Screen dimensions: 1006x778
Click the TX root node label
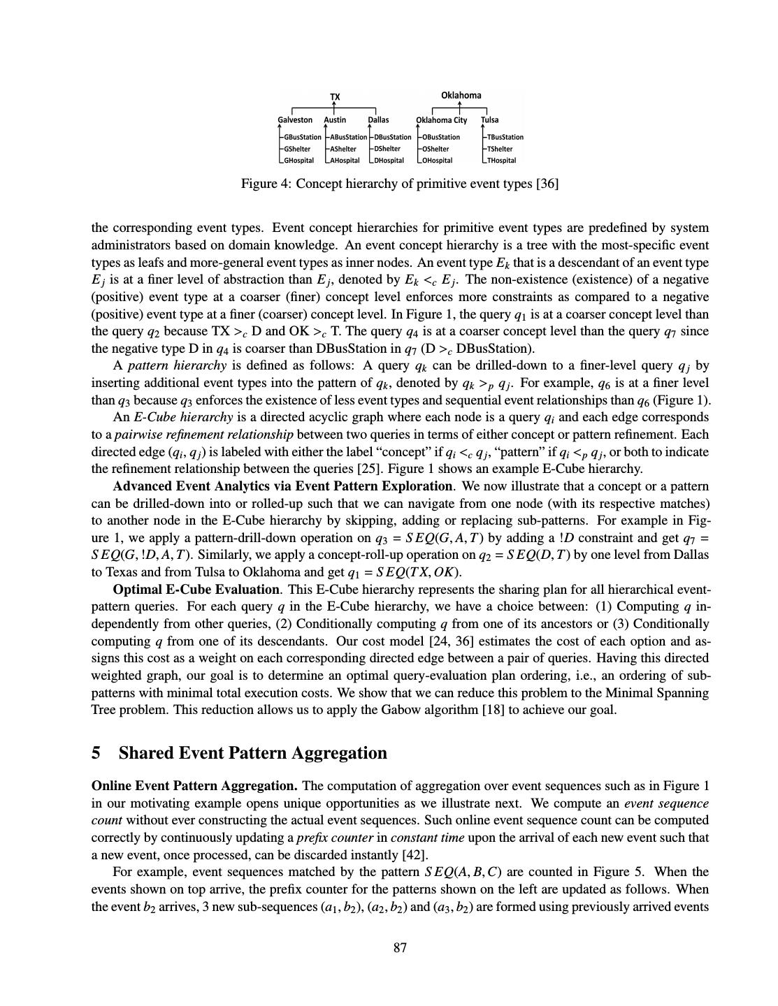point(335,97)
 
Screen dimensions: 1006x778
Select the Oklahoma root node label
point(461,95)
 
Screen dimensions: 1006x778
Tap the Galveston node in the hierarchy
point(295,120)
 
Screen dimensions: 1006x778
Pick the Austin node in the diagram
point(335,120)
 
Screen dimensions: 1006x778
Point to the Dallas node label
point(378,120)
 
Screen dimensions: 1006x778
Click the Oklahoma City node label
point(442,120)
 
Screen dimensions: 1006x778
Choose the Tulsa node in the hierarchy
point(490,120)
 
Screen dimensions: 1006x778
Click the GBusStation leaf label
point(302,137)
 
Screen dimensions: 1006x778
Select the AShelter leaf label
point(343,149)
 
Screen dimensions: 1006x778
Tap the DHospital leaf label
point(389,161)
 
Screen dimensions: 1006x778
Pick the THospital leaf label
point(501,161)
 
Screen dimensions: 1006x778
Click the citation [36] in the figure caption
point(547,184)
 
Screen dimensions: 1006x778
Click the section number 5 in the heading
point(96,753)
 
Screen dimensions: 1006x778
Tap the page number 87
point(400,948)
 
